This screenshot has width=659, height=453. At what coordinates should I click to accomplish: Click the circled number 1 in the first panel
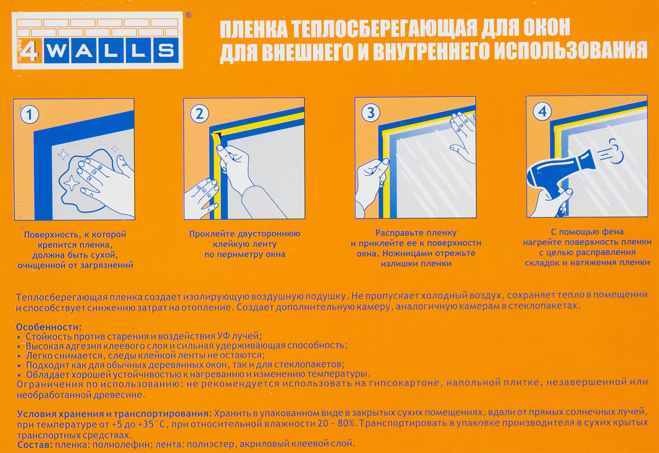(30, 115)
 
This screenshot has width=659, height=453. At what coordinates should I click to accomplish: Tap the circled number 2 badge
(199, 114)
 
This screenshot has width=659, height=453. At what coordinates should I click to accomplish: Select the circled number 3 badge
(371, 113)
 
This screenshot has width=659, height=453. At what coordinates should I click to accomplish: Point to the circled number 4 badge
(542, 112)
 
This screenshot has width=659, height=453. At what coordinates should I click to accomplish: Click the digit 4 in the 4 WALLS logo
(29, 51)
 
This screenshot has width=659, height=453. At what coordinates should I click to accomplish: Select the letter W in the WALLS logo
(57, 51)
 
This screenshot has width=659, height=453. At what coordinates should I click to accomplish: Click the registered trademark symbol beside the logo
(188, 15)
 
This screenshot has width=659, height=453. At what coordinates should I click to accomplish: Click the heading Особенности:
(48, 327)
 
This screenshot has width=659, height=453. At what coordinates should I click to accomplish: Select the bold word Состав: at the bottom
(35, 445)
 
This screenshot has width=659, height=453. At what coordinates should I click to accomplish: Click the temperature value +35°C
(152, 424)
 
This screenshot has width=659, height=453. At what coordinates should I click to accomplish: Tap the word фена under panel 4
(613, 232)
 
